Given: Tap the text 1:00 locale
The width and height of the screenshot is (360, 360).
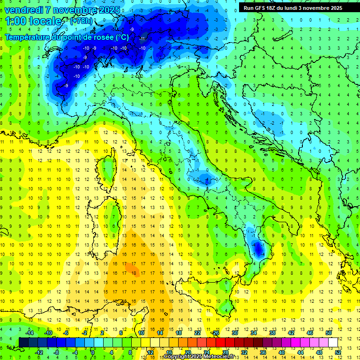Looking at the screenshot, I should (x=33, y=21).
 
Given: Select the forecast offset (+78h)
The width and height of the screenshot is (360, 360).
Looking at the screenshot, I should (x=81, y=21).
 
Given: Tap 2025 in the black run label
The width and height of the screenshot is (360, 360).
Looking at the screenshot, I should (x=336, y=8).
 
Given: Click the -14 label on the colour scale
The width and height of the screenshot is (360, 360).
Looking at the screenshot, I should (x=30, y=332).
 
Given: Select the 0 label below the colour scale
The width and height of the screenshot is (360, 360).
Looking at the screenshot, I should (x=92, y=352).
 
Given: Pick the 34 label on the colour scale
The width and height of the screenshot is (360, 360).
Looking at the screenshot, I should (x=254, y=332).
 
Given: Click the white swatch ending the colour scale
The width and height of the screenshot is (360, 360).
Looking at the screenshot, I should (x=333, y=342).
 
